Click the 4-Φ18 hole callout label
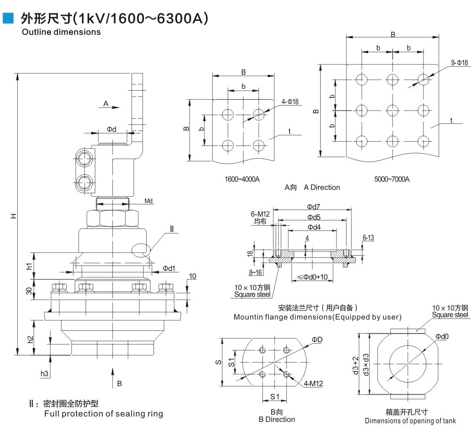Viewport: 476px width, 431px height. point(290,102)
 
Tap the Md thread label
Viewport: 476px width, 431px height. point(149,200)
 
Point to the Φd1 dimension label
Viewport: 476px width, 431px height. point(169,268)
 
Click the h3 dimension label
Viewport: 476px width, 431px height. point(44,373)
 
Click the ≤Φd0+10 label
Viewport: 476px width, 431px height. point(313,277)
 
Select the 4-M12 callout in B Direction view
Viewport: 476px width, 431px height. point(313,384)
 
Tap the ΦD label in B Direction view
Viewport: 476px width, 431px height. point(317,339)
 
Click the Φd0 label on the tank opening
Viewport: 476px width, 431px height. point(442,336)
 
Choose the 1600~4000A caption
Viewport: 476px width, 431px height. point(242,179)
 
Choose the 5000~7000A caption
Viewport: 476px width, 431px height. point(392,179)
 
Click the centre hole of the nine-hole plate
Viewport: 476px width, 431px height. point(392,110)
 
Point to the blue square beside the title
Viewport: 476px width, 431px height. point(8,18)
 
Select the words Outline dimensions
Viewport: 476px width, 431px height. point(61,32)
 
